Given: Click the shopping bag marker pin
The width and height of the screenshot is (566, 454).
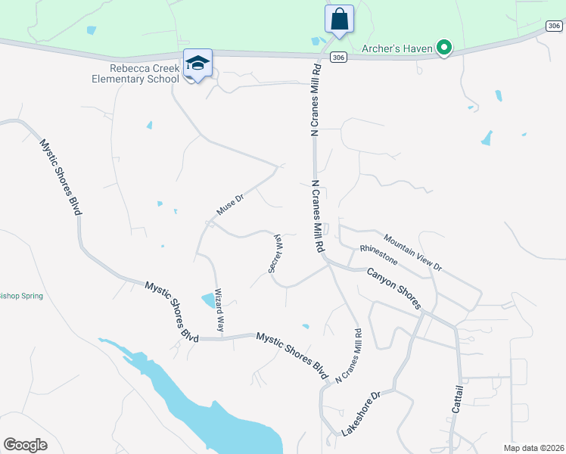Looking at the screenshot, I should point(339,19).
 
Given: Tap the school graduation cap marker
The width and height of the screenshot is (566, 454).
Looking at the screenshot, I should point(197,64).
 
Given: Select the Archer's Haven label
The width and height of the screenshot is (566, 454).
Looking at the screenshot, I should point(397,49).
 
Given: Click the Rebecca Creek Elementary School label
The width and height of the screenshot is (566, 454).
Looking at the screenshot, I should point(145,73).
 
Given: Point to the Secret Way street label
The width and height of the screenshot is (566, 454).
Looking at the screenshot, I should point(274,253).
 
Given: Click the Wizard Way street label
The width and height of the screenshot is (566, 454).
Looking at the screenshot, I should point(220,310).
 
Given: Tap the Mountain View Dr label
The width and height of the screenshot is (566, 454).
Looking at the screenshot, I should point(412,252).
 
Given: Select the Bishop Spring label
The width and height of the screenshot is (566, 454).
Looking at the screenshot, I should point(21,296).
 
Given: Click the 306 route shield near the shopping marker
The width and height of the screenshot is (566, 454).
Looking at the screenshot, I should point(338,58).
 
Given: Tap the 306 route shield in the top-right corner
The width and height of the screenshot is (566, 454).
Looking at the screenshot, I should point(554,26).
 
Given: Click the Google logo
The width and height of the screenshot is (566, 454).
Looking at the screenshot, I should point(25,445).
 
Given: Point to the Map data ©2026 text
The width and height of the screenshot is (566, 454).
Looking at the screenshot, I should point(534,448).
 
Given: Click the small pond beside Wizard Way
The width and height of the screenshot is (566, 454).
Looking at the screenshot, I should point(208,300).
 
